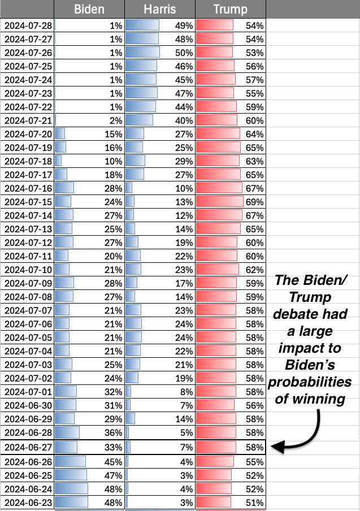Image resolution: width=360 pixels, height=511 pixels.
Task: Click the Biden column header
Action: pyautogui.click(x=89, y=9)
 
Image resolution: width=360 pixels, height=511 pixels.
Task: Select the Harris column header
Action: pyautogui.click(x=160, y=9)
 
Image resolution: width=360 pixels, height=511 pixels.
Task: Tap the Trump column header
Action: pyautogui.click(x=230, y=9)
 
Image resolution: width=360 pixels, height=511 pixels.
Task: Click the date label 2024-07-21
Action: pyautogui.click(x=28, y=120)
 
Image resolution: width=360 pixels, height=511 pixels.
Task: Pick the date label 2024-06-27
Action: pyautogui.click(x=28, y=447)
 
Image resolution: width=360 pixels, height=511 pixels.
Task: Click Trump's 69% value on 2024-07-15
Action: pyautogui.click(x=255, y=201)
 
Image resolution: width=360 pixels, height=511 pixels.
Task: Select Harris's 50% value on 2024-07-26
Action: pyautogui.click(x=184, y=52)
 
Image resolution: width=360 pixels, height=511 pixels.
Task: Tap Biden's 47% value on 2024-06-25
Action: pyautogui.click(x=114, y=474)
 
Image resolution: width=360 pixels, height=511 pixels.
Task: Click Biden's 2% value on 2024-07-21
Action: pyautogui.click(x=116, y=120)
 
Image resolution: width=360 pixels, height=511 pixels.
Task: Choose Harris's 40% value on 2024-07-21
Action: pyautogui.click(x=184, y=120)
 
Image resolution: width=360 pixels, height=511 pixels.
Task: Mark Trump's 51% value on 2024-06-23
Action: pyautogui.click(x=255, y=502)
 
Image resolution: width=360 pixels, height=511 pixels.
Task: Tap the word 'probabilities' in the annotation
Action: pyautogui.click(x=310, y=382)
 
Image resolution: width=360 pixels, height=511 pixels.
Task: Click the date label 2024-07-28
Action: pyautogui.click(x=28, y=25)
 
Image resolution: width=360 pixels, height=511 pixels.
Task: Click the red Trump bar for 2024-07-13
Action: pyautogui.click(x=218, y=229)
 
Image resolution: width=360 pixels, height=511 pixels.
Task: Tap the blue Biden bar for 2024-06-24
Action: pyautogui.click(x=71, y=488)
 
